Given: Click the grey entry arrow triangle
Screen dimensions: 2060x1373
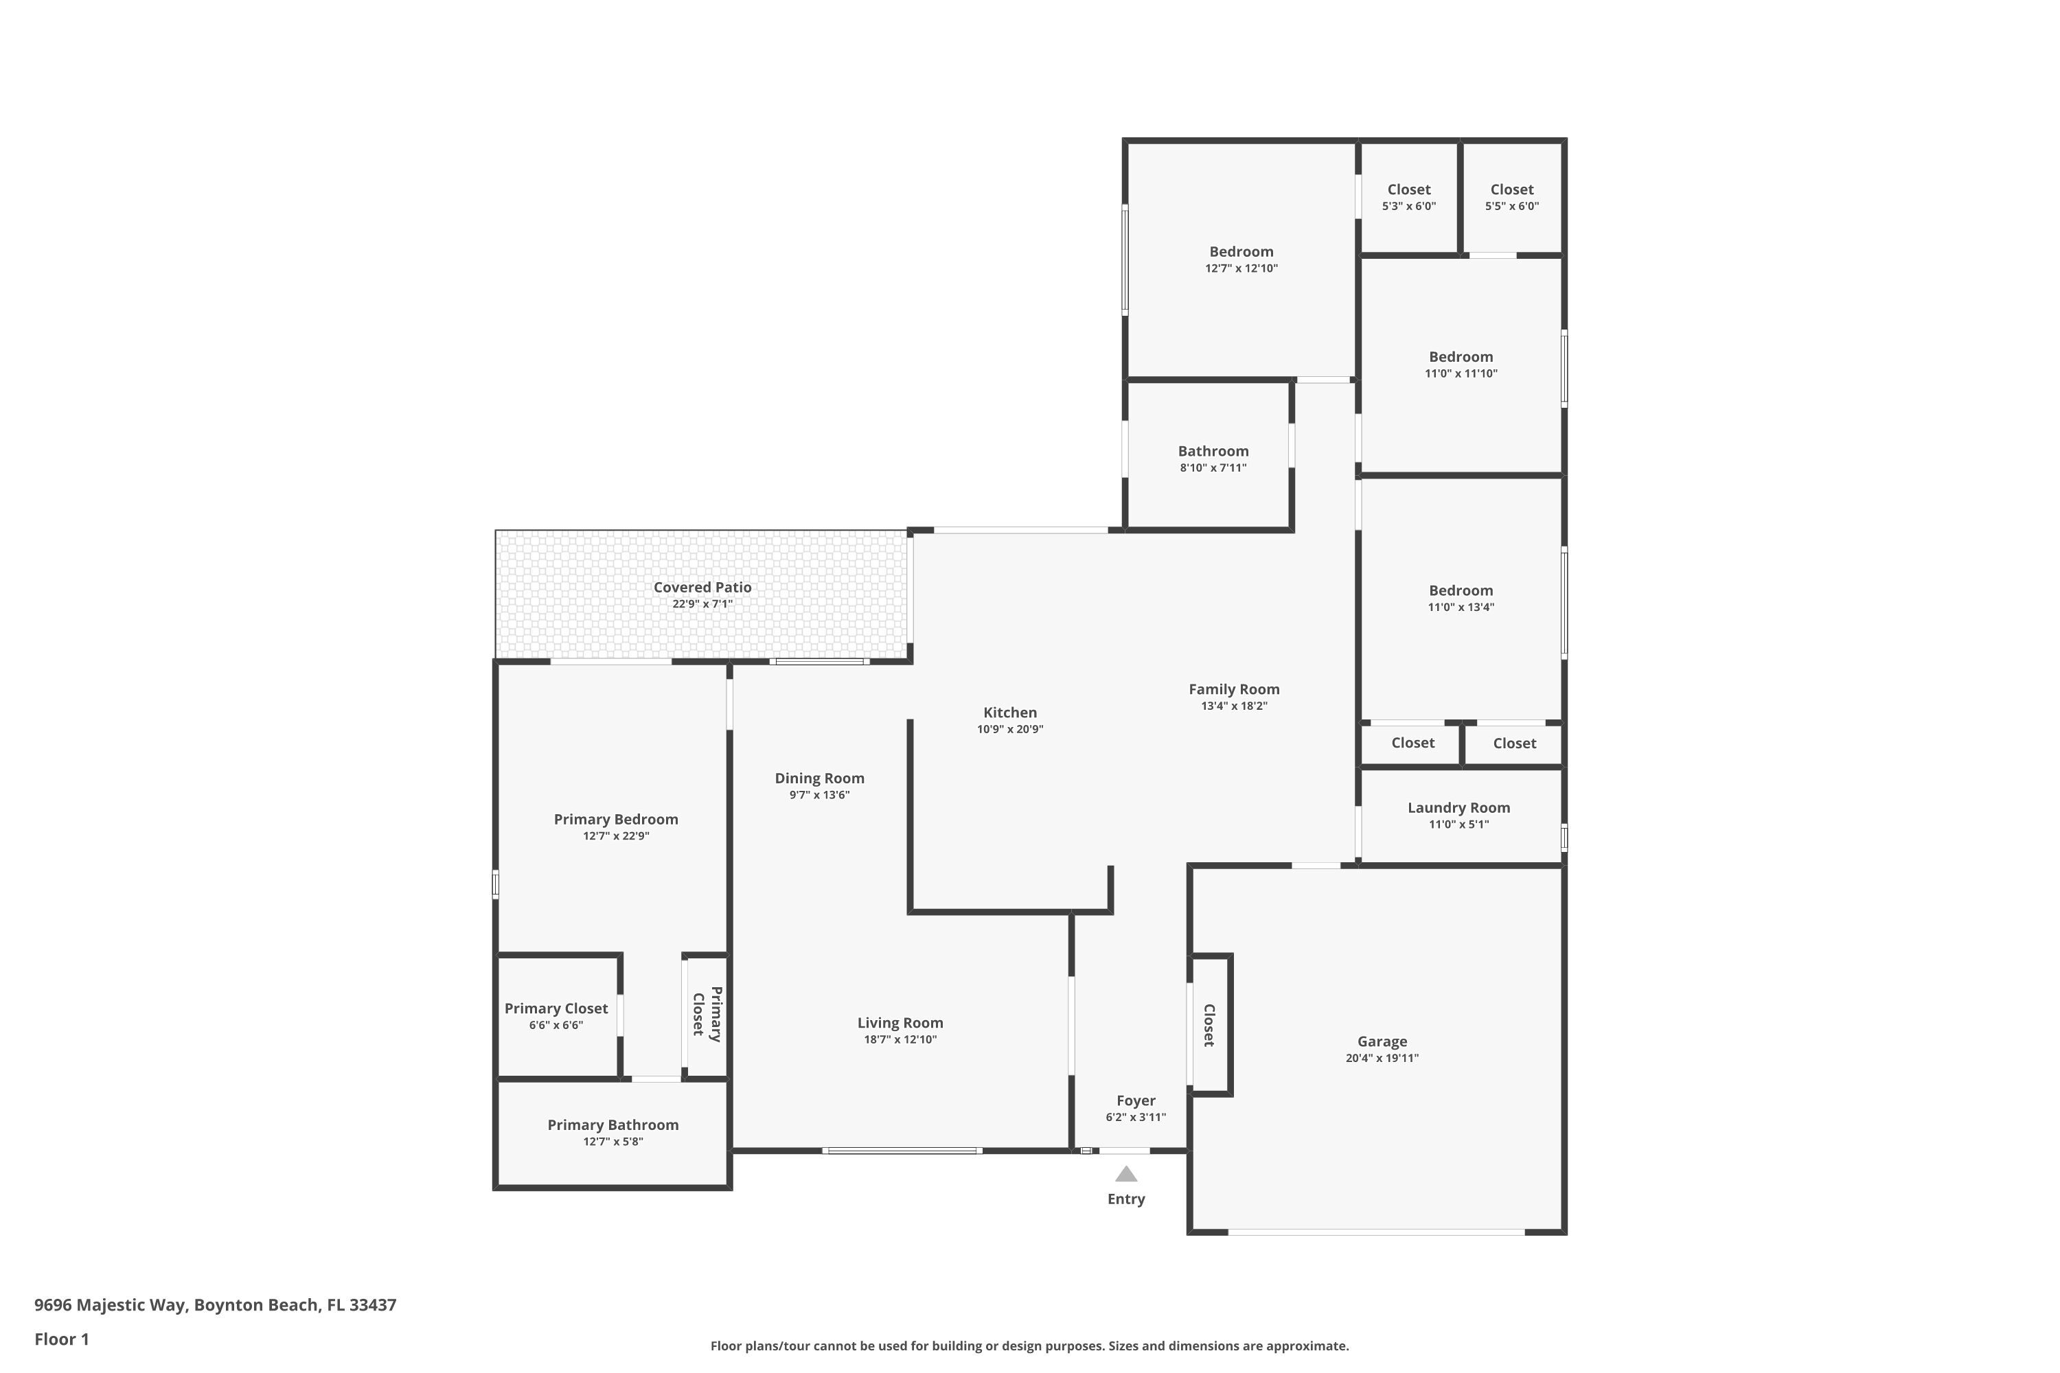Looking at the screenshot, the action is pyautogui.click(x=1126, y=1174).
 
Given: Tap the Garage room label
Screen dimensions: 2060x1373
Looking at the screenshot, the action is pyautogui.click(x=1382, y=1041).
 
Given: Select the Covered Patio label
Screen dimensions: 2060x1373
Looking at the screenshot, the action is pyautogui.click(x=702, y=588).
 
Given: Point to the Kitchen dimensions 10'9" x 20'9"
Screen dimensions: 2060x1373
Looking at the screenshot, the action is pyautogui.click(x=1010, y=729).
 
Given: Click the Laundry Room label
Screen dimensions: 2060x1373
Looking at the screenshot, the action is pyautogui.click(x=1459, y=807).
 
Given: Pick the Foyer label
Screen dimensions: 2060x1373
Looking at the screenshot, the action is pyautogui.click(x=1136, y=1100).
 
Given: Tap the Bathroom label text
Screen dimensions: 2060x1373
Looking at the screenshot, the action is pyautogui.click(x=1213, y=451).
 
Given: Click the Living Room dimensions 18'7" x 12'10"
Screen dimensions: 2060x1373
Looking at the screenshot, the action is pyautogui.click(x=900, y=1039).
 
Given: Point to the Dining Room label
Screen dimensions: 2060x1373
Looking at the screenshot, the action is pyautogui.click(x=820, y=778).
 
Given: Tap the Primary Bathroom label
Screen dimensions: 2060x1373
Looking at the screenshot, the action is pyautogui.click(x=613, y=1125).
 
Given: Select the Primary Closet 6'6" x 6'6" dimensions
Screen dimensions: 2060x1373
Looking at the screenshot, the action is pyautogui.click(x=556, y=1026).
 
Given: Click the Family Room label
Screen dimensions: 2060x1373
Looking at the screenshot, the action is pyautogui.click(x=1234, y=689).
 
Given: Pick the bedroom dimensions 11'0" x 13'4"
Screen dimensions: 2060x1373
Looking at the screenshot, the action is pyautogui.click(x=1461, y=607).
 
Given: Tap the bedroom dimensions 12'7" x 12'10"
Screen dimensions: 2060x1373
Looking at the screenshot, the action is pyautogui.click(x=1241, y=268).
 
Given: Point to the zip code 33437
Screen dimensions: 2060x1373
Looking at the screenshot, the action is pyautogui.click(x=373, y=1305).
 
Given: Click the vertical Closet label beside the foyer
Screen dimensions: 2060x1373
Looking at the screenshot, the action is pyautogui.click(x=1209, y=1026).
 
